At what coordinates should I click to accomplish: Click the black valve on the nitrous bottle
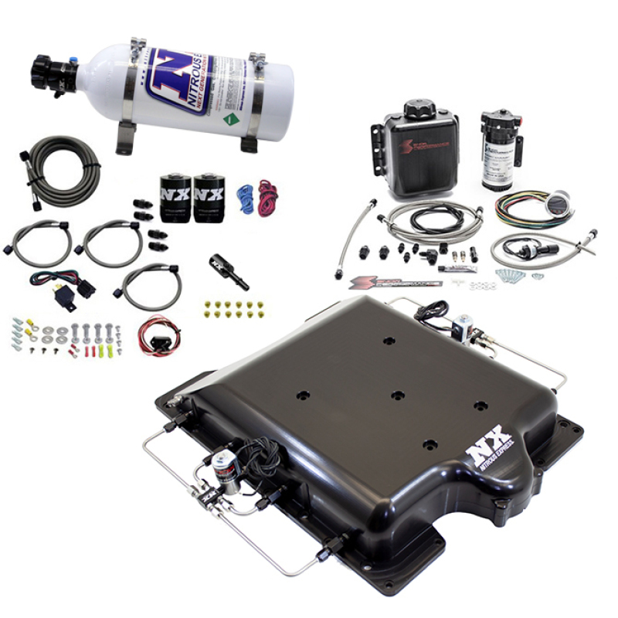point(56,74)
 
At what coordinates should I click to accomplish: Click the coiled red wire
point(267,198)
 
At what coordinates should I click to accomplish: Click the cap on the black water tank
point(419,108)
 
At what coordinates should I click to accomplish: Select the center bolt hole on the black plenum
point(397,395)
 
